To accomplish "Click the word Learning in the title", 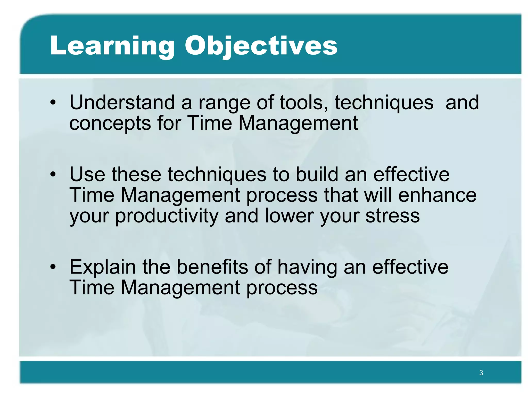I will click(112, 46).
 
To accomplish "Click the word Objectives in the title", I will click(261, 46).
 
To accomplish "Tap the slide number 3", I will click(481, 373).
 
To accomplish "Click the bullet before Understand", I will click(53, 103).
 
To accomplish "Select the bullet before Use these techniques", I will click(53, 175).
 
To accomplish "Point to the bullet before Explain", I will click(53, 267).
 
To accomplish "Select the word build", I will click(317, 174).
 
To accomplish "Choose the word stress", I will click(392, 216).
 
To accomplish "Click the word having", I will click(307, 268).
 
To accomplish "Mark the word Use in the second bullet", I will click(87, 175).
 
